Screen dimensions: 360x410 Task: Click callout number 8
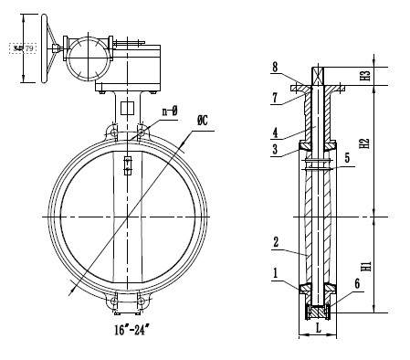[x=275, y=67]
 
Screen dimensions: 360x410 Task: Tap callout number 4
[x=275, y=132]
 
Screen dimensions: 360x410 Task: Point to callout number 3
[x=275, y=150]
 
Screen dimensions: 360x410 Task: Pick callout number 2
[x=275, y=244]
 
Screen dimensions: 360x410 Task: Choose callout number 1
[x=275, y=271]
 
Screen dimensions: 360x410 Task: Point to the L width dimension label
[x=320, y=325]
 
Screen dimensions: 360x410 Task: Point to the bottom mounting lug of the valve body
[x=127, y=301]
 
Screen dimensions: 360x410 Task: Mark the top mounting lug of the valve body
[x=127, y=133]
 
